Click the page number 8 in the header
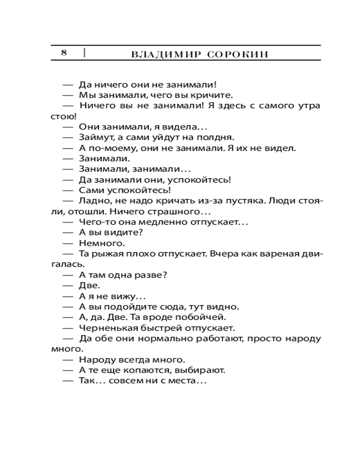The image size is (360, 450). coord(64,53)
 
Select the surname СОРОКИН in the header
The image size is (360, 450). coord(238,54)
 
